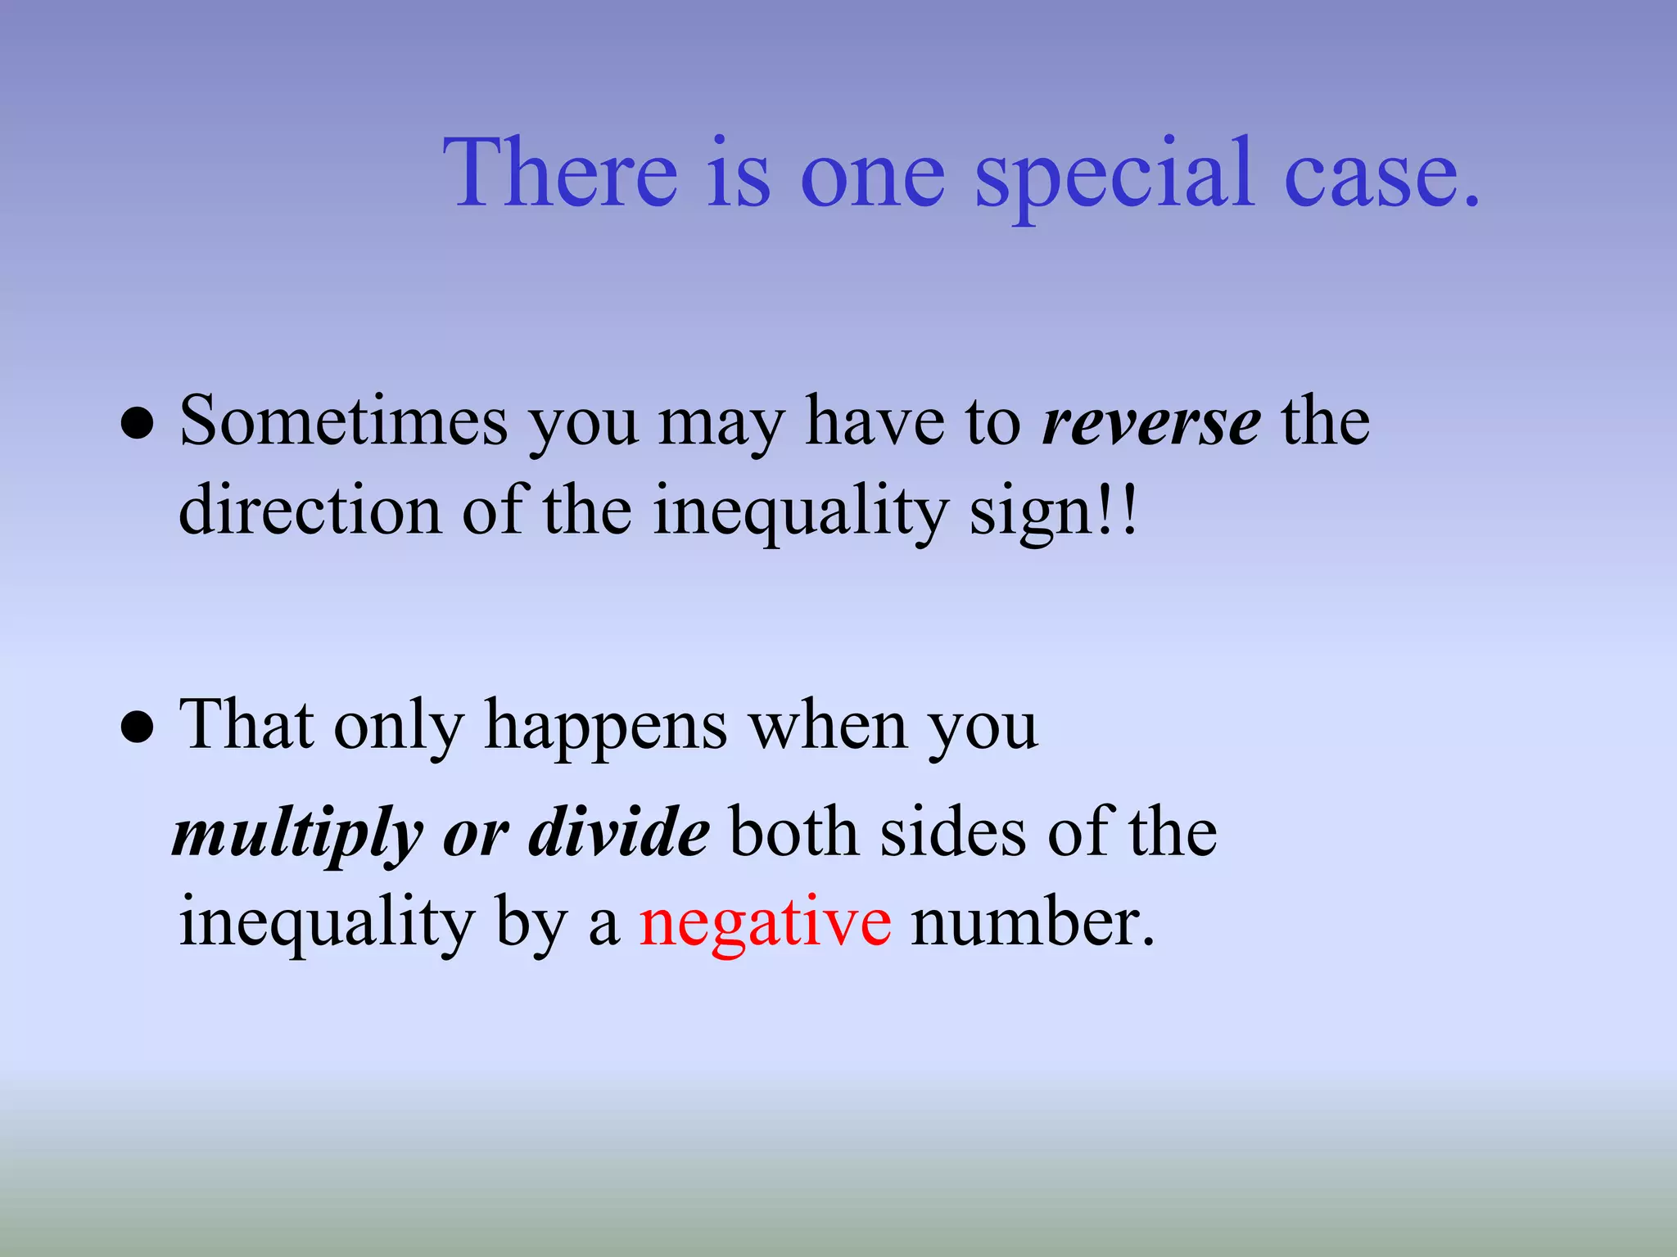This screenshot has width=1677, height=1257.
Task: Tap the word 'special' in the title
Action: pyautogui.click(x=1114, y=176)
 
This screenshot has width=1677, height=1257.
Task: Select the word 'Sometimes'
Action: pyautogui.click(x=343, y=421)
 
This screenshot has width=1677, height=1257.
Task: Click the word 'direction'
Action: pyautogui.click(x=310, y=511)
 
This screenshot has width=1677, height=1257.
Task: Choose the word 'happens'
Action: pyautogui.click(x=606, y=727)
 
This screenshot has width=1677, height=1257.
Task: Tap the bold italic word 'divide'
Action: pyautogui.click(x=618, y=833)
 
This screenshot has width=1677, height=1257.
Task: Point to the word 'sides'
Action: pyautogui.click(x=952, y=833)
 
